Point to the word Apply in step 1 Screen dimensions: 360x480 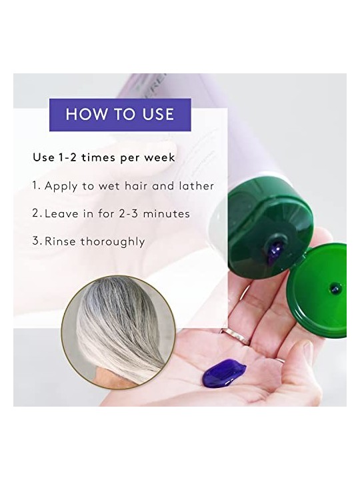(x=61, y=186)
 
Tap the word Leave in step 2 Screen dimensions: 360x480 (x=61, y=213)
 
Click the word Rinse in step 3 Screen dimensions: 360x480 (x=60, y=241)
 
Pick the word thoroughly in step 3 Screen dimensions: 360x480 (x=113, y=242)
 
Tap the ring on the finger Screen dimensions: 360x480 (x=235, y=336)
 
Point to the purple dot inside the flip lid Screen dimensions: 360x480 (x=335, y=287)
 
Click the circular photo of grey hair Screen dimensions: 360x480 (x=118, y=332)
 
